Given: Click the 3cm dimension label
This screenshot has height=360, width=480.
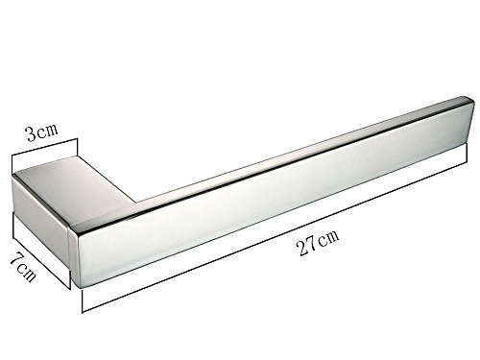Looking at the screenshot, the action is coord(42,132).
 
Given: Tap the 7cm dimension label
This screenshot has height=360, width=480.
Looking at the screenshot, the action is coord(23,268).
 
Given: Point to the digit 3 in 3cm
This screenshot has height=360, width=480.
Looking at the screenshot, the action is coord(32,133).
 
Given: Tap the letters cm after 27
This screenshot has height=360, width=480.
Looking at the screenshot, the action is coord(328,237).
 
